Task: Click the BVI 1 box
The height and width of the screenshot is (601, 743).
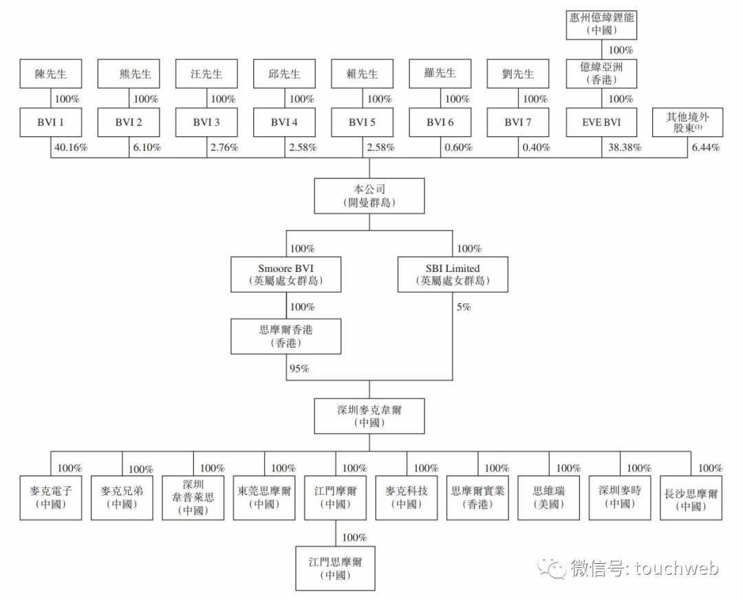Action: click(x=51, y=123)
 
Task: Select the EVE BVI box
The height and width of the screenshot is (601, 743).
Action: click(x=602, y=123)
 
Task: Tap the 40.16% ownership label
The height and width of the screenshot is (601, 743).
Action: click(x=72, y=147)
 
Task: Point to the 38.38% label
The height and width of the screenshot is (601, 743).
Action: click(x=623, y=147)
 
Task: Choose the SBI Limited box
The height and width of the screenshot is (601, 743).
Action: click(x=453, y=274)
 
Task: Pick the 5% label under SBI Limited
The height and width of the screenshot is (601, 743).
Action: click(x=463, y=307)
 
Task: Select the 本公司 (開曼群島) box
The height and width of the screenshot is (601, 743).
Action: click(x=369, y=196)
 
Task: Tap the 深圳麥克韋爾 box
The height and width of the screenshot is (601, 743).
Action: click(x=369, y=415)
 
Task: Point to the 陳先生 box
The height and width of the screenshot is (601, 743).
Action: click(x=51, y=74)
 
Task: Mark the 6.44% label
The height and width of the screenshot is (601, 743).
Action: click(x=704, y=147)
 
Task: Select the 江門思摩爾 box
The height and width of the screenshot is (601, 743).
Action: click(x=336, y=568)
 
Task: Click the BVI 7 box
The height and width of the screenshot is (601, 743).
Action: click(x=518, y=123)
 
